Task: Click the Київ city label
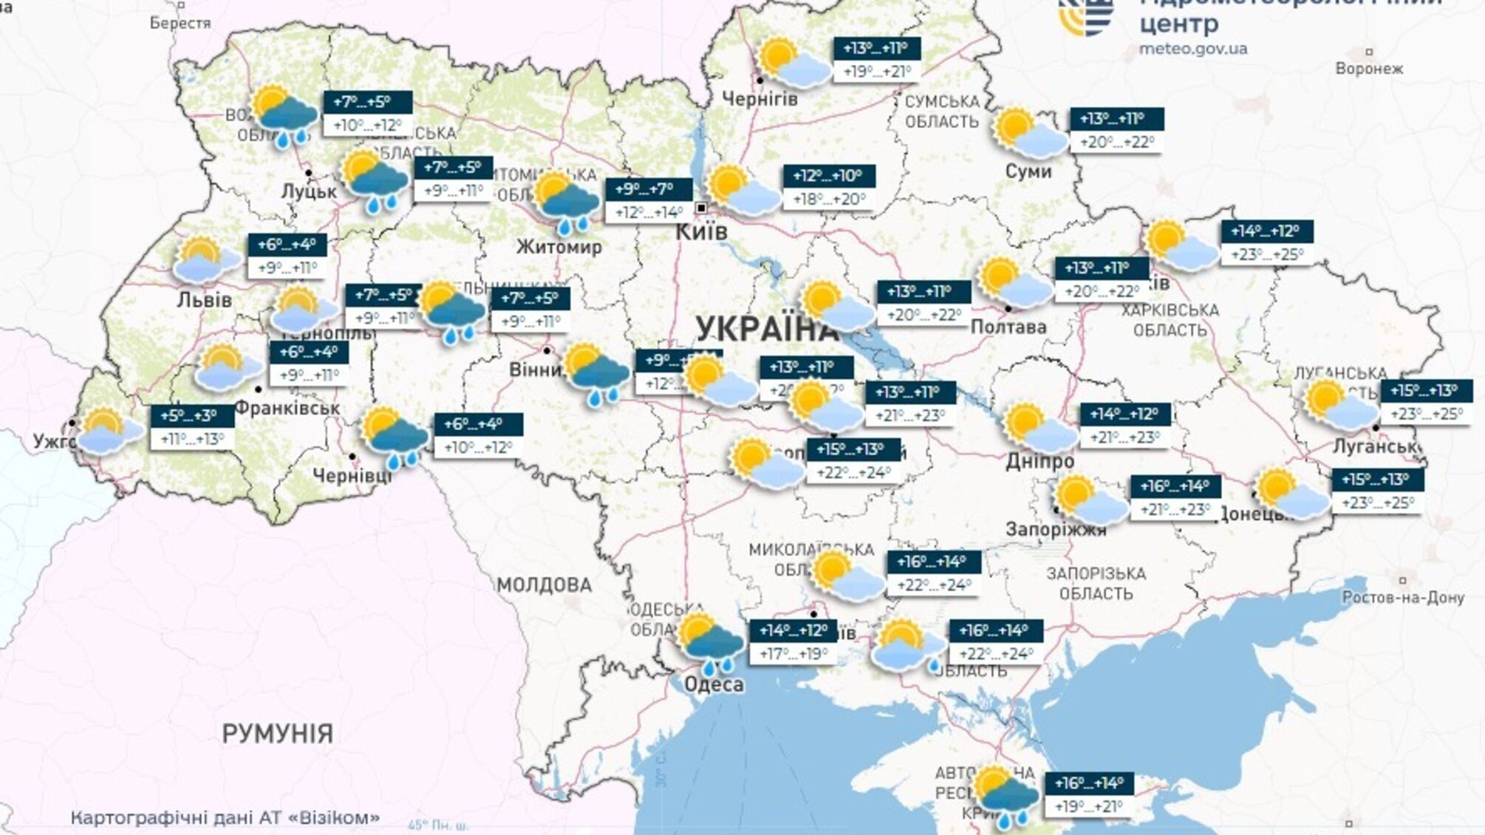pyautogui.click(x=701, y=232)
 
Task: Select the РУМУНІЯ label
pyautogui.click(x=278, y=734)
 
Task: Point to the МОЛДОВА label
pyautogui.click(x=544, y=585)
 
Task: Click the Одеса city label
pyautogui.click(x=714, y=684)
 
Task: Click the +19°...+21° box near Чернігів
pyautogui.click(x=876, y=72)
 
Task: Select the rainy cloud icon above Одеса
pyautogui.click(x=710, y=643)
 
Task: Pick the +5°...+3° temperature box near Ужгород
pyautogui.click(x=192, y=415)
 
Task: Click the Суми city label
pyautogui.click(x=1028, y=171)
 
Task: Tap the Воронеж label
pyautogui.click(x=1368, y=69)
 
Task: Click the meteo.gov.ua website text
pyautogui.click(x=1192, y=49)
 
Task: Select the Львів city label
pyautogui.click(x=205, y=300)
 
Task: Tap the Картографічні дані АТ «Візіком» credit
pyautogui.click(x=225, y=817)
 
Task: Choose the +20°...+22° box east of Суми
pyautogui.click(x=1116, y=142)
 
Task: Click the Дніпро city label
pyautogui.click(x=1039, y=461)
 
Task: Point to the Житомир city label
pyautogui.click(x=559, y=247)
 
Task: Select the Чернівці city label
pyautogui.click(x=352, y=476)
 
